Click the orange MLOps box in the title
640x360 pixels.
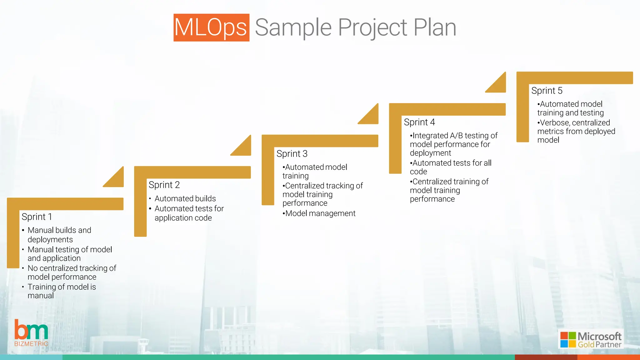(211, 27)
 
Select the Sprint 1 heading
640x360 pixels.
(37, 217)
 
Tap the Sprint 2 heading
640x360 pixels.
(164, 185)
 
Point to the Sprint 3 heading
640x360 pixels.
(292, 153)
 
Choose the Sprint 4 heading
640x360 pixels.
(419, 122)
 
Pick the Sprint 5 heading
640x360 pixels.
(547, 91)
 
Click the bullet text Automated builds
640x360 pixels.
(185, 198)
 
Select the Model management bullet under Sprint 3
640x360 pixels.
(320, 213)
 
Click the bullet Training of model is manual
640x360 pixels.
(61, 291)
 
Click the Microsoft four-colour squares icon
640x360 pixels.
(568, 340)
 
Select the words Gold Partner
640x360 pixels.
(599, 344)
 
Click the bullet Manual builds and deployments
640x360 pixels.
(59, 235)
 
